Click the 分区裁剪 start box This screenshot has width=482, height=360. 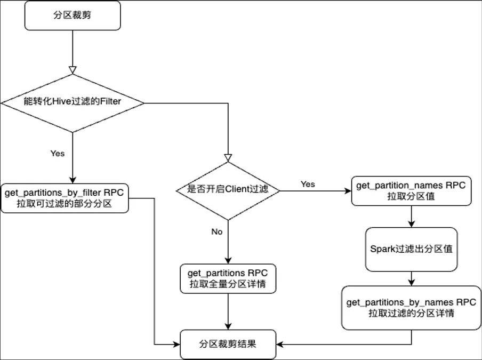[x=73, y=15]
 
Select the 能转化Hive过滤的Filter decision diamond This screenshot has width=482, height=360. [x=73, y=103]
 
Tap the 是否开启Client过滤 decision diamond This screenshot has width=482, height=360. [x=228, y=190]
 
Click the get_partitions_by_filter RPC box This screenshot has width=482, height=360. [x=65, y=198]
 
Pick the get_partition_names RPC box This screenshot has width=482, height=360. [x=411, y=191]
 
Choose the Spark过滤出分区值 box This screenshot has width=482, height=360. [x=411, y=249]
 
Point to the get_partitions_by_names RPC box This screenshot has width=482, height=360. [x=411, y=308]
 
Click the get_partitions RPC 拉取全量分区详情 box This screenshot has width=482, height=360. [x=228, y=278]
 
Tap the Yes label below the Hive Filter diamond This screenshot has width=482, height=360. [x=58, y=154]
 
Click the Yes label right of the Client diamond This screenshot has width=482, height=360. [x=308, y=184]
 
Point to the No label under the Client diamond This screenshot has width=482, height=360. [x=216, y=232]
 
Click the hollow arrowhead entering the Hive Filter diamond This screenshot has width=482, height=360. [x=73, y=70]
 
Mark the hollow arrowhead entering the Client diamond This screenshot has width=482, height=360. [x=228, y=158]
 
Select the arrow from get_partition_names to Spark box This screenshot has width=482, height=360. [x=411, y=217]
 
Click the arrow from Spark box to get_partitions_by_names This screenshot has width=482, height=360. [x=411, y=279]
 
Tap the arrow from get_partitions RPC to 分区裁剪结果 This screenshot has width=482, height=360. [x=228, y=311]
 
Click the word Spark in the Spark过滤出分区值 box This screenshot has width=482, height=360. [x=382, y=249]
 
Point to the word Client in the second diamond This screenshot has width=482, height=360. [x=237, y=189]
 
